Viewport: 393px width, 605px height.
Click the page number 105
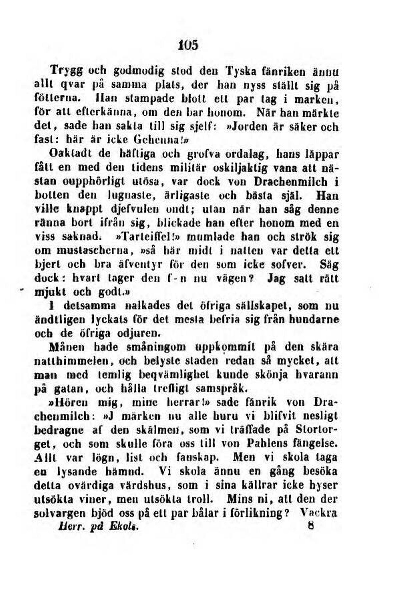(188, 45)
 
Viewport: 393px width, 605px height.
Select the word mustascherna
(93, 251)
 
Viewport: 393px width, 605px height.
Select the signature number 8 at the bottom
(310, 527)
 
